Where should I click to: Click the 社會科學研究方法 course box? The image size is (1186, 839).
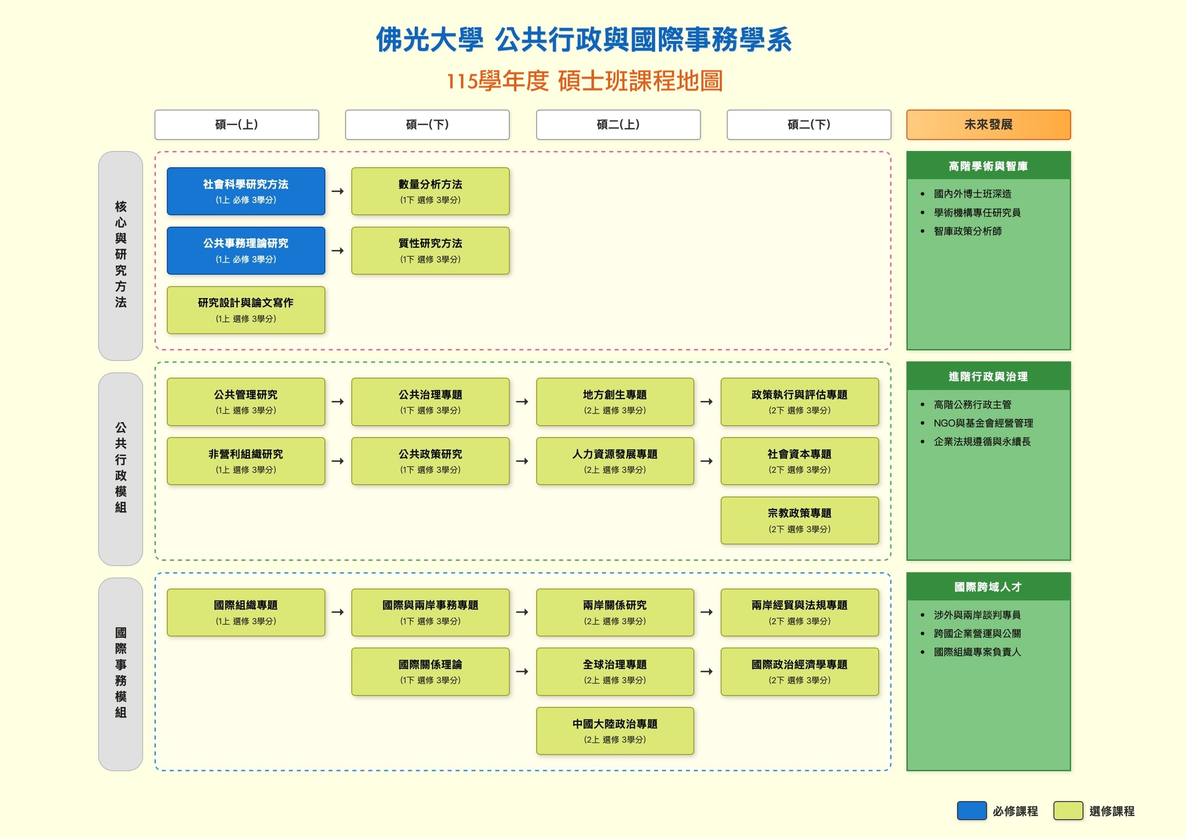tap(246, 191)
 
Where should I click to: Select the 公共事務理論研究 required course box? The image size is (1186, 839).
tap(246, 250)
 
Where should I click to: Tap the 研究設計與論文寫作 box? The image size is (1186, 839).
tap(246, 310)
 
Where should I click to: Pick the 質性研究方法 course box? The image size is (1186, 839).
tap(430, 250)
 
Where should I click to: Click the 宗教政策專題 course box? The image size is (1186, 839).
tap(799, 520)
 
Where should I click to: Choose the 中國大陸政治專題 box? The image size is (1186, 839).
tap(615, 731)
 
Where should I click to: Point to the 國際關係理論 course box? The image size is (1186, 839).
tap(430, 671)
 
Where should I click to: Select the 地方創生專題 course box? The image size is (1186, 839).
tap(615, 402)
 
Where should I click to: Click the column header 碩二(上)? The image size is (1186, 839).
tap(618, 125)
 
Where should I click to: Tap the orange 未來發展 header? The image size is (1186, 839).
tap(988, 125)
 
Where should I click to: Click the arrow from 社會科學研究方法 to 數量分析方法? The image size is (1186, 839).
tap(338, 191)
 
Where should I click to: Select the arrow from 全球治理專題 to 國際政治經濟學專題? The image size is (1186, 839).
tap(707, 671)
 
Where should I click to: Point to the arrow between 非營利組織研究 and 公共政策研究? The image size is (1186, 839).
tap(338, 461)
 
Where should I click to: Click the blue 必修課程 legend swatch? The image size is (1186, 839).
tap(971, 811)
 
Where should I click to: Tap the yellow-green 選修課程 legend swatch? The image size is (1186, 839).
tap(1068, 811)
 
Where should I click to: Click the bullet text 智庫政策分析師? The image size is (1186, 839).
tap(968, 231)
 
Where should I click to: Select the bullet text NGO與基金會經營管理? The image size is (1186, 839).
tap(983, 423)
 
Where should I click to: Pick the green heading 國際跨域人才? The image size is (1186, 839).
tap(988, 587)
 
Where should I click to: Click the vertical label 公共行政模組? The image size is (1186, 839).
tap(120, 468)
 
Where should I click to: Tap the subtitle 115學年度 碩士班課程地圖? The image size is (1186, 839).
tap(584, 81)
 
